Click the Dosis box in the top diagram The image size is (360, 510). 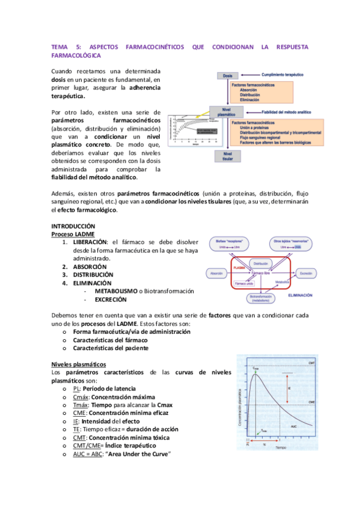coord(227,76)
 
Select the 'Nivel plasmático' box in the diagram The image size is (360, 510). coord(227,112)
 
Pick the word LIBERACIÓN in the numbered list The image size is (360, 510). coord(91,242)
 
